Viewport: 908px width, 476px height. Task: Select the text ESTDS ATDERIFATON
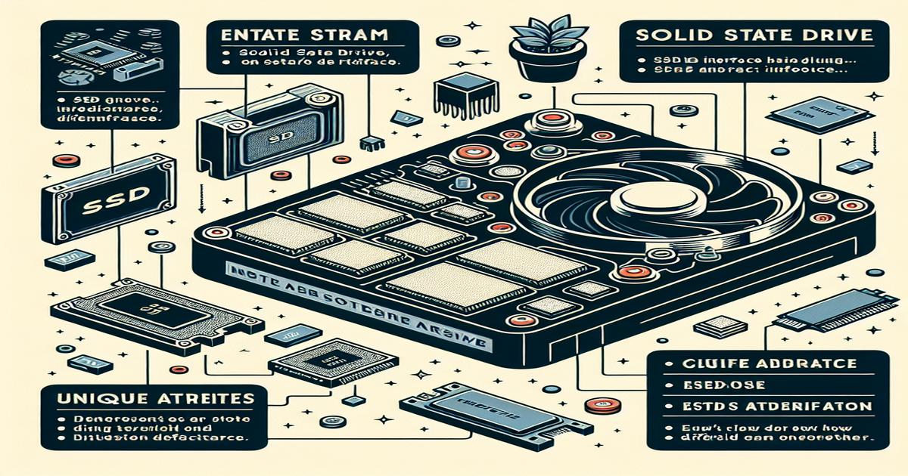(768, 407)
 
